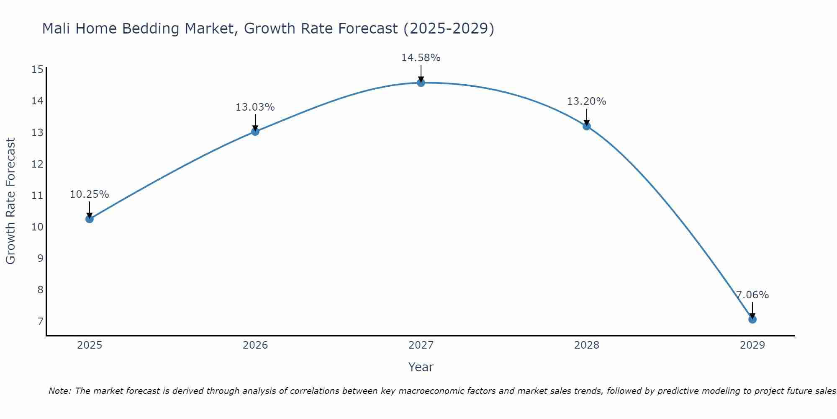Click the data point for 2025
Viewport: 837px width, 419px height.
coord(89,219)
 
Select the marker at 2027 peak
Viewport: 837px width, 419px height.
coord(421,83)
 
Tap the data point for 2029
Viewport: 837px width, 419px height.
coord(752,319)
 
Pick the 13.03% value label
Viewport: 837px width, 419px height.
coord(255,107)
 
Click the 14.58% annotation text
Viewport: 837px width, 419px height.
coord(421,58)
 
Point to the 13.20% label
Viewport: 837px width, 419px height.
coord(586,101)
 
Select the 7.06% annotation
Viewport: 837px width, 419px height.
coord(752,295)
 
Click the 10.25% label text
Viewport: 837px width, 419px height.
coord(89,194)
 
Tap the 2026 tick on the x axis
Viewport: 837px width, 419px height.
coord(255,345)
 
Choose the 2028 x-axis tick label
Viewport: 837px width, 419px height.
coord(587,345)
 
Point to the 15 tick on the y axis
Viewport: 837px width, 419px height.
coord(37,70)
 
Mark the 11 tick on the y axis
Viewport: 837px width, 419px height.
coord(37,196)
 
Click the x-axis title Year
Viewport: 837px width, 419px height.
coord(421,367)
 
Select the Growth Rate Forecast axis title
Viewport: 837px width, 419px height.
coord(11,201)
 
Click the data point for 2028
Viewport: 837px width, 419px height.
coord(587,126)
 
